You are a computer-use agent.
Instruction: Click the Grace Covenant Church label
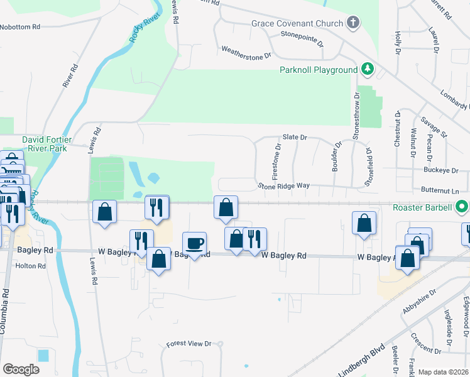click(297, 23)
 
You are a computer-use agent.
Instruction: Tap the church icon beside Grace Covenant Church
click(353, 24)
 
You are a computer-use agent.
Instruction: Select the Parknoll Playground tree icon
click(367, 68)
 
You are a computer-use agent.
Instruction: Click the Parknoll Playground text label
click(318, 69)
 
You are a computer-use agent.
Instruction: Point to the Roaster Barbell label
click(423, 206)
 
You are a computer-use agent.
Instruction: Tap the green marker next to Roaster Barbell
click(462, 206)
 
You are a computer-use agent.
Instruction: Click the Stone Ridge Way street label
click(283, 186)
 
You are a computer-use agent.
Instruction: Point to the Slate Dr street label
click(294, 137)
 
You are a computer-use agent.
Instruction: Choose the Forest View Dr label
click(189, 344)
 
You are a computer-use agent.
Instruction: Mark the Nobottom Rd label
click(20, 27)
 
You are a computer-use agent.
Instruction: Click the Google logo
click(21, 369)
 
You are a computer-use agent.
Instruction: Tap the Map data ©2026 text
click(443, 372)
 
